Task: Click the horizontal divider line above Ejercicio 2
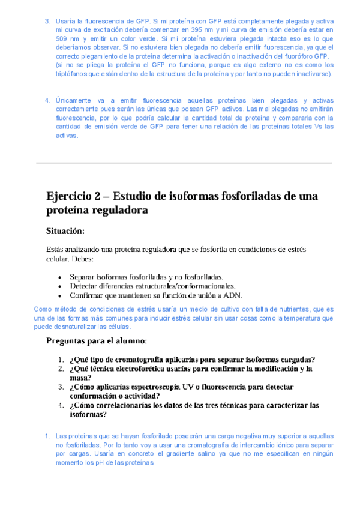(x=184, y=162)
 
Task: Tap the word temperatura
(x=298, y=318)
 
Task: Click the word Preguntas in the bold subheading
(x=67, y=340)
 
